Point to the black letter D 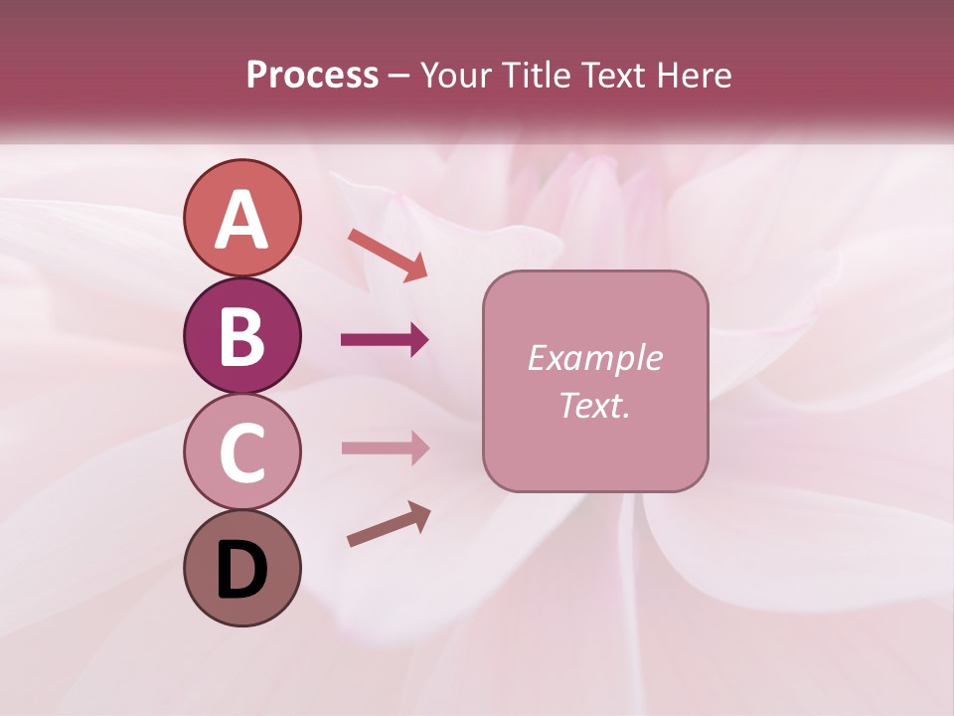coord(241,571)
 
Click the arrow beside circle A coord(388,255)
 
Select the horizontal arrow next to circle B coord(384,340)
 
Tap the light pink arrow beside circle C coord(385,447)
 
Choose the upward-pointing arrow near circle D coord(389,524)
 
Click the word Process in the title coord(312,76)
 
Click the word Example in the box coord(594,358)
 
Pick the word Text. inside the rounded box coord(594,405)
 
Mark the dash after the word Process coord(398,77)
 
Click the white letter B coord(241,336)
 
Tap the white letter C coord(241,452)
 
